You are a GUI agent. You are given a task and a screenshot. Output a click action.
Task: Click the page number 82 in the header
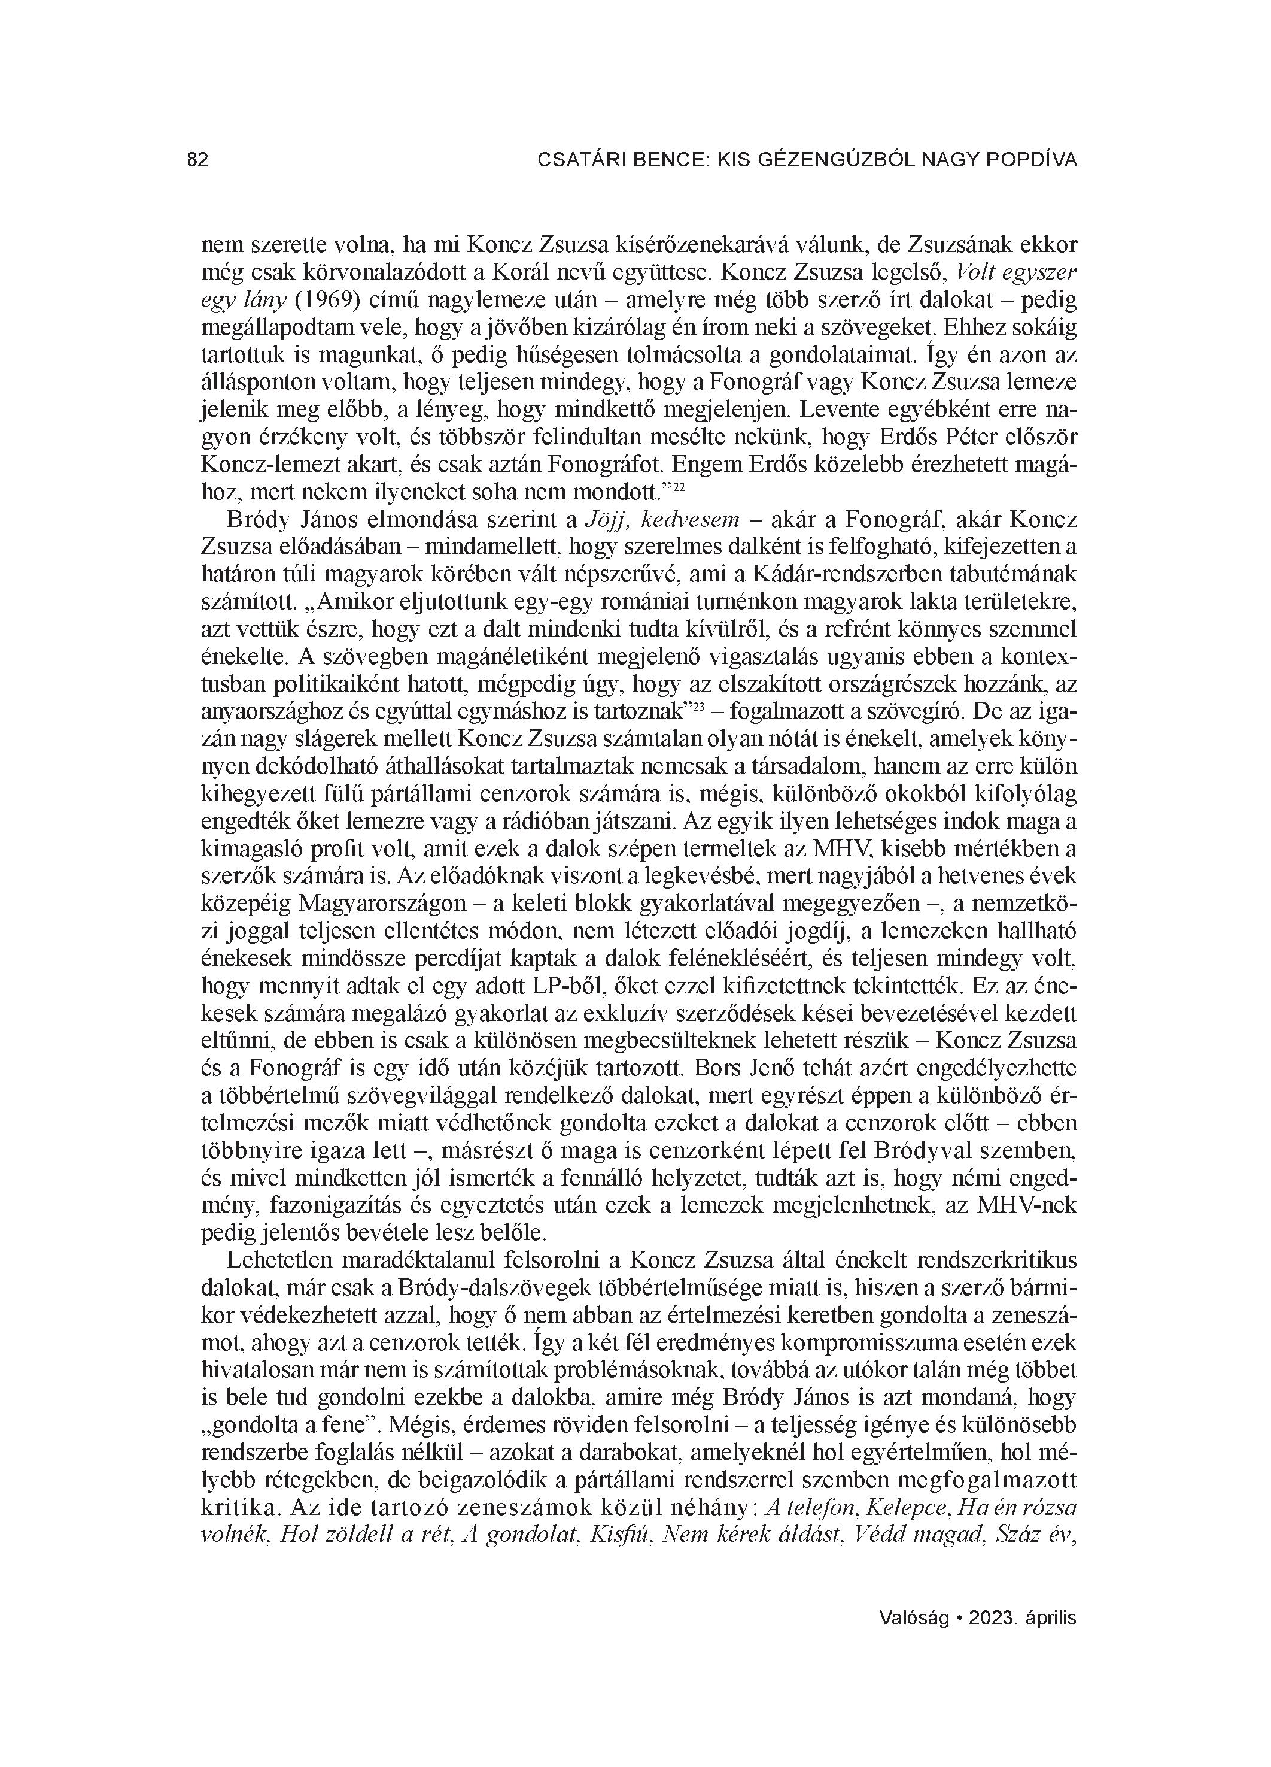pyautogui.click(x=198, y=160)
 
